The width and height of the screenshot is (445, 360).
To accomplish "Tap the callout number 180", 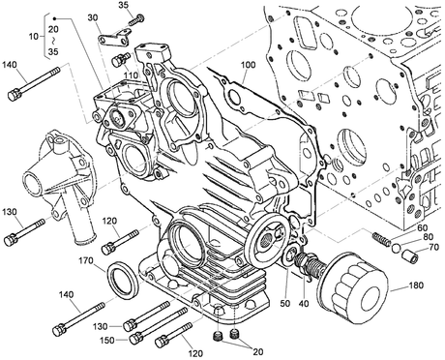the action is [x=416, y=285].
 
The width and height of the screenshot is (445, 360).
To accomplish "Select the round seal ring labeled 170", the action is [x=123, y=280].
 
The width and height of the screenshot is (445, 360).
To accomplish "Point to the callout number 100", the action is [x=248, y=65].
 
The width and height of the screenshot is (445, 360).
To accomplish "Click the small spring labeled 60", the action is [x=379, y=238].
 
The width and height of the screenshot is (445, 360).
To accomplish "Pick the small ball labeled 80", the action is [x=397, y=248].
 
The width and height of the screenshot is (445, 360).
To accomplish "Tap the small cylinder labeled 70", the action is [x=410, y=256].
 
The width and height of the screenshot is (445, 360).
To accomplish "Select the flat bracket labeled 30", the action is [x=115, y=38].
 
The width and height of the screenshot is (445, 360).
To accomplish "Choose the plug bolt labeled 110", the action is [x=121, y=60].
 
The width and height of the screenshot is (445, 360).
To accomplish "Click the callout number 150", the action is [x=106, y=341].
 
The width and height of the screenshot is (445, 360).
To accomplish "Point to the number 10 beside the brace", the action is [x=34, y=37].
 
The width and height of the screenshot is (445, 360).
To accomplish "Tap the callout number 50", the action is [x=285, y=303].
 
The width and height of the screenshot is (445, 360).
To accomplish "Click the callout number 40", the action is [x=304, y=304].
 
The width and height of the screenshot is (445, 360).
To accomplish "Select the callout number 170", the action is [x=86, y=260].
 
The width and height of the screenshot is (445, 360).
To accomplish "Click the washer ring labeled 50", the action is [x=291, y=255].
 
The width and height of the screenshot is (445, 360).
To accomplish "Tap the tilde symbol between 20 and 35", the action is [x=53, y=41].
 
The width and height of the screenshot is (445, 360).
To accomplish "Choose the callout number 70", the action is [x=434, y=247].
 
